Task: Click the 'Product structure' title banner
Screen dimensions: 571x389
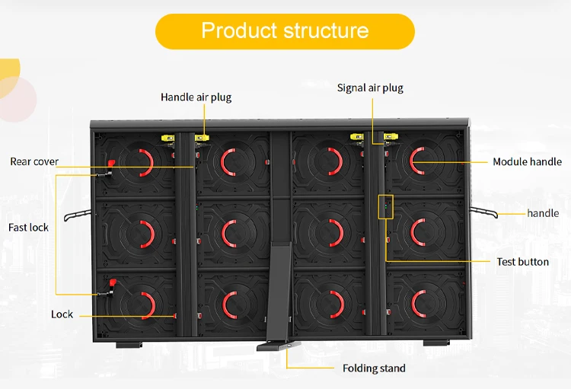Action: coord(285,31)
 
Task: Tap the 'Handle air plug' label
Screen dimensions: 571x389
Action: coord(196,97)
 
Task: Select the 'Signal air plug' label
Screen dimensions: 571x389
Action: coord(370,88)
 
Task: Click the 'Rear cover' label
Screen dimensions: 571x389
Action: coord(34,161)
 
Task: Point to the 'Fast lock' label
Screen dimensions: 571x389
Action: coord(29,228)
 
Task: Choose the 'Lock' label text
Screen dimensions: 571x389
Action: coord(62,314)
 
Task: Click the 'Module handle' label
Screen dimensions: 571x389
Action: coord(527,162)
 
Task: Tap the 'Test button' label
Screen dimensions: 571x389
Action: coord(522,262)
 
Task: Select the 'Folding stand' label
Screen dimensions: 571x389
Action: coord(374,368)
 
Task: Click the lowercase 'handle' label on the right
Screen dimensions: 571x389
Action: coord(543,214)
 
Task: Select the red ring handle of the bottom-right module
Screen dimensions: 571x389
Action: coord(419,305)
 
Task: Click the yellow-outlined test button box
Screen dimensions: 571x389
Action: coord(386,206)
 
